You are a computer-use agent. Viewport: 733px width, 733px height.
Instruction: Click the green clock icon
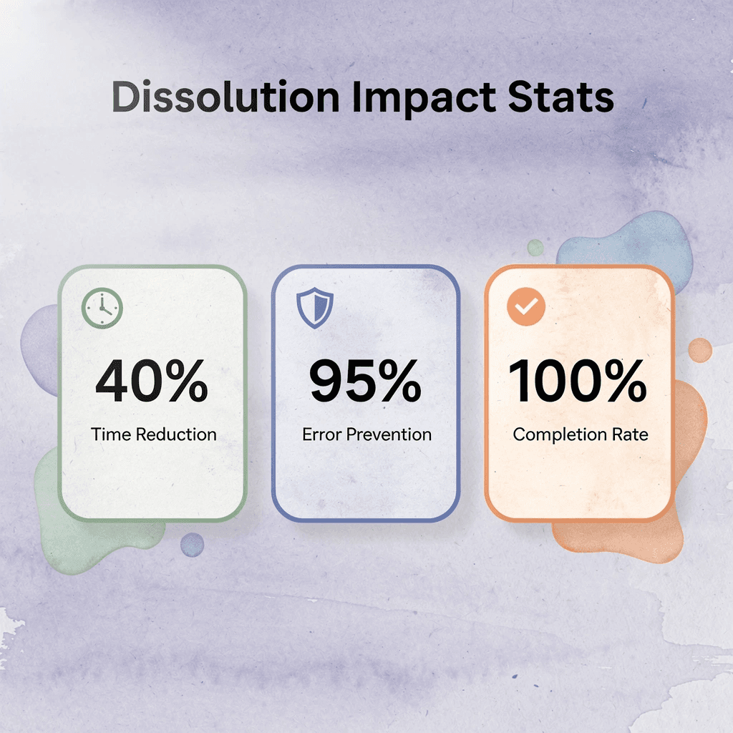point(103,309)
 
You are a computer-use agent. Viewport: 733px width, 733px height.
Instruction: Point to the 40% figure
point(152,382)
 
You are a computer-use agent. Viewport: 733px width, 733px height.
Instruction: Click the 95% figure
point(365,382)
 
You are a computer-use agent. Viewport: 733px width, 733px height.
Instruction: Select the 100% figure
point(578,382)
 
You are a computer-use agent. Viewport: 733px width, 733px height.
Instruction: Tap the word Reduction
point(176,434)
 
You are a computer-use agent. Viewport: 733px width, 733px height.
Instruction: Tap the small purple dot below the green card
point(192,545)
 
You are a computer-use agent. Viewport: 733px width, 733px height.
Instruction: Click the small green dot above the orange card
point(535,248)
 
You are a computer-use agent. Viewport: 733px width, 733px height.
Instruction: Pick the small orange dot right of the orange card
point(700,350)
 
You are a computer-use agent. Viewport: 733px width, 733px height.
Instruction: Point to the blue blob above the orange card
point(630,243)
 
